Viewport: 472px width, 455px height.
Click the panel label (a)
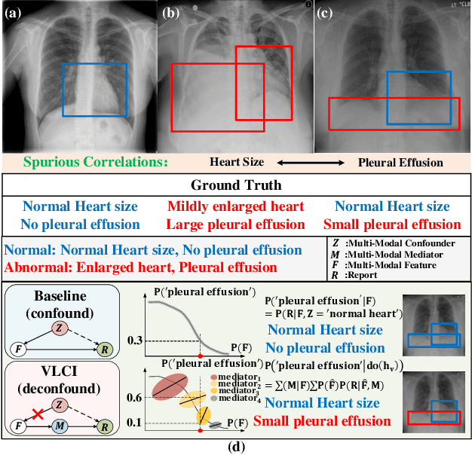[15, 11]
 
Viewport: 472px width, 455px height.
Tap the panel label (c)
[326, 11]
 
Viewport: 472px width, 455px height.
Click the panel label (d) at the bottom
[236, 447]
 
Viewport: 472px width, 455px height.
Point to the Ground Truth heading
[236, 185]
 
